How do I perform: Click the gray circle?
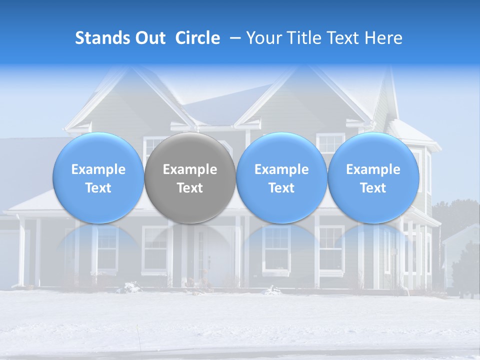point(190,177)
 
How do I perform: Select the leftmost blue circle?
point(98,177)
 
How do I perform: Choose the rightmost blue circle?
point(373,177)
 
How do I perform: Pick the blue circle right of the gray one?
point(281,177)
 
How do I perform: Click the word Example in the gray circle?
point(190,169)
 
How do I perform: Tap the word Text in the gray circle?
point(190,188)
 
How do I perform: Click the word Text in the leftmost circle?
point(98,188)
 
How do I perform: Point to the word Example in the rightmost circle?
point(373,169)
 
